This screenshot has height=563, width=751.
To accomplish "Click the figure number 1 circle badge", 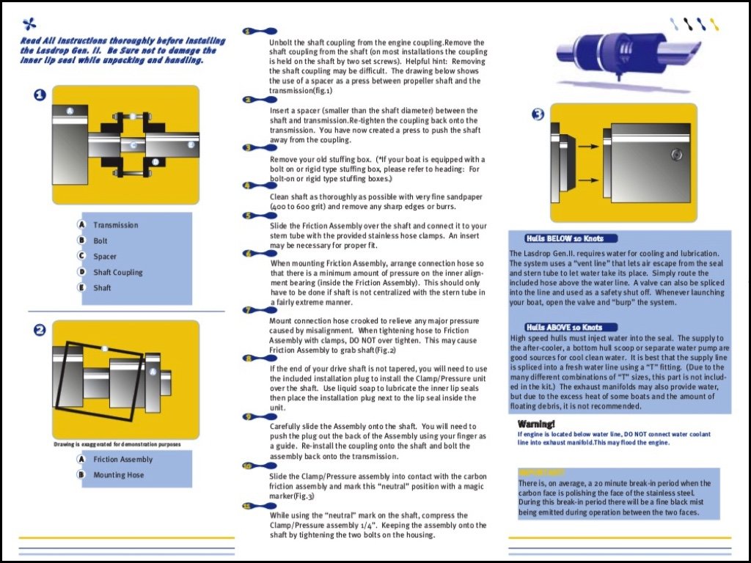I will [40, 95].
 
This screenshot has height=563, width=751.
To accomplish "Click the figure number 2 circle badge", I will [40, 330].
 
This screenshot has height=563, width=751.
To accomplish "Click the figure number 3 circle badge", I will [538, 114].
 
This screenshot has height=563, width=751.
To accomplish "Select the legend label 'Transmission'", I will [115, 225].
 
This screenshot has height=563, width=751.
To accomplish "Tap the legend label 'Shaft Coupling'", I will [117, 272].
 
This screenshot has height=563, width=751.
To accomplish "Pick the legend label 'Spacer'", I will [104, 257].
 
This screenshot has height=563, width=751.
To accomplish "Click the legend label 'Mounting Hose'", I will [118, 475].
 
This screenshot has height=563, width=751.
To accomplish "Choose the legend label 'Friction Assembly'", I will [122, 460].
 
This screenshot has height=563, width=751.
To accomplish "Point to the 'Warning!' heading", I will [536, 424].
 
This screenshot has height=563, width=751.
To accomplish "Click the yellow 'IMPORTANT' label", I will [541, 472].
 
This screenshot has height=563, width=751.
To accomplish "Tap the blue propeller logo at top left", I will [29, 23].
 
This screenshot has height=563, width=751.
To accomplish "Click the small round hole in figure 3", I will [675, 155].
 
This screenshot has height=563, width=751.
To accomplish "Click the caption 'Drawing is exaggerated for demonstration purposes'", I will [117, 444].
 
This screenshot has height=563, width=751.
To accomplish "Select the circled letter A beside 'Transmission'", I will [82, 225].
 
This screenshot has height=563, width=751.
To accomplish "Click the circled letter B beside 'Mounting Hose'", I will [82, 475].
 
